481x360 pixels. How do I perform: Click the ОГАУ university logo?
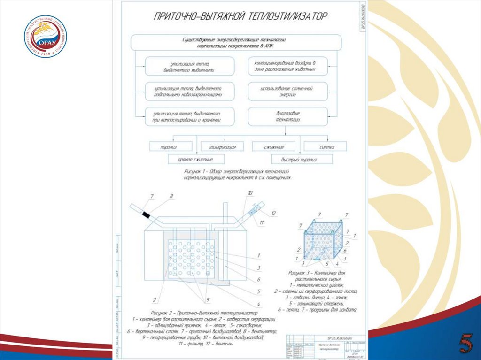click(46, 36)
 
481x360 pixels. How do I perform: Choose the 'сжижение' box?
click(274, 146)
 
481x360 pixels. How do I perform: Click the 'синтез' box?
click(326, 146)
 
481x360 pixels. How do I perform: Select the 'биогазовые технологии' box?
click(288, 116)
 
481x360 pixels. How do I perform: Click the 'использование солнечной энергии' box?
click(288, 91)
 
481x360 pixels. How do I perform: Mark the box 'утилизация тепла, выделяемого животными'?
click(189, 67)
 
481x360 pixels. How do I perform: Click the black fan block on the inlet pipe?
click(147, 215)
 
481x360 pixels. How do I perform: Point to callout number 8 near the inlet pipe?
click(171, 196)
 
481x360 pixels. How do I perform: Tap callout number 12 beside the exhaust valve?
click(273, 214)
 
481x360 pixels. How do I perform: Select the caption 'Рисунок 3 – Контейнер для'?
click(316, 272)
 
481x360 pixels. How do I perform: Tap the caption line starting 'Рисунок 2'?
click(204, 313)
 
